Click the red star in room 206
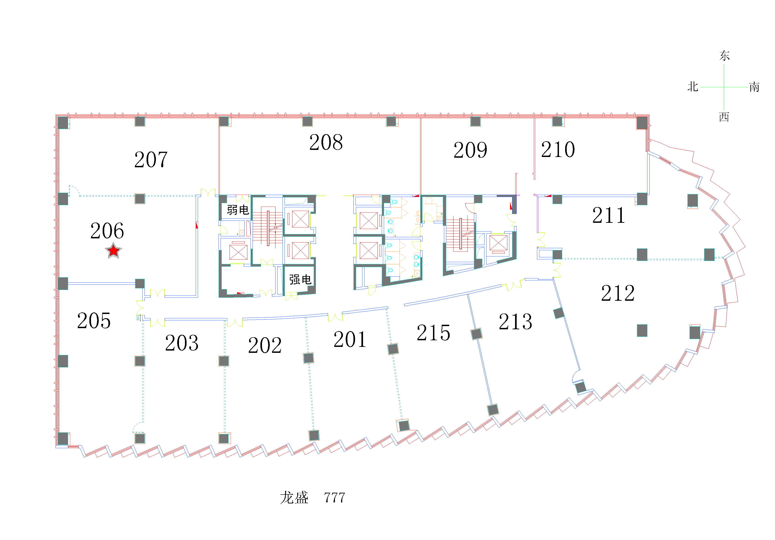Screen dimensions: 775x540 click(x=113, y=250)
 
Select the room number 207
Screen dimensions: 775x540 click(x=151, y=160)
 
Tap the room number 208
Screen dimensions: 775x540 click(x=326, y=142)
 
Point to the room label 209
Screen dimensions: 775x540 click(x=470, y=150)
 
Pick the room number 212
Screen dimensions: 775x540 click(x=618, y=293)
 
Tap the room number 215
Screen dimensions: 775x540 click(x=433, y=333)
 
